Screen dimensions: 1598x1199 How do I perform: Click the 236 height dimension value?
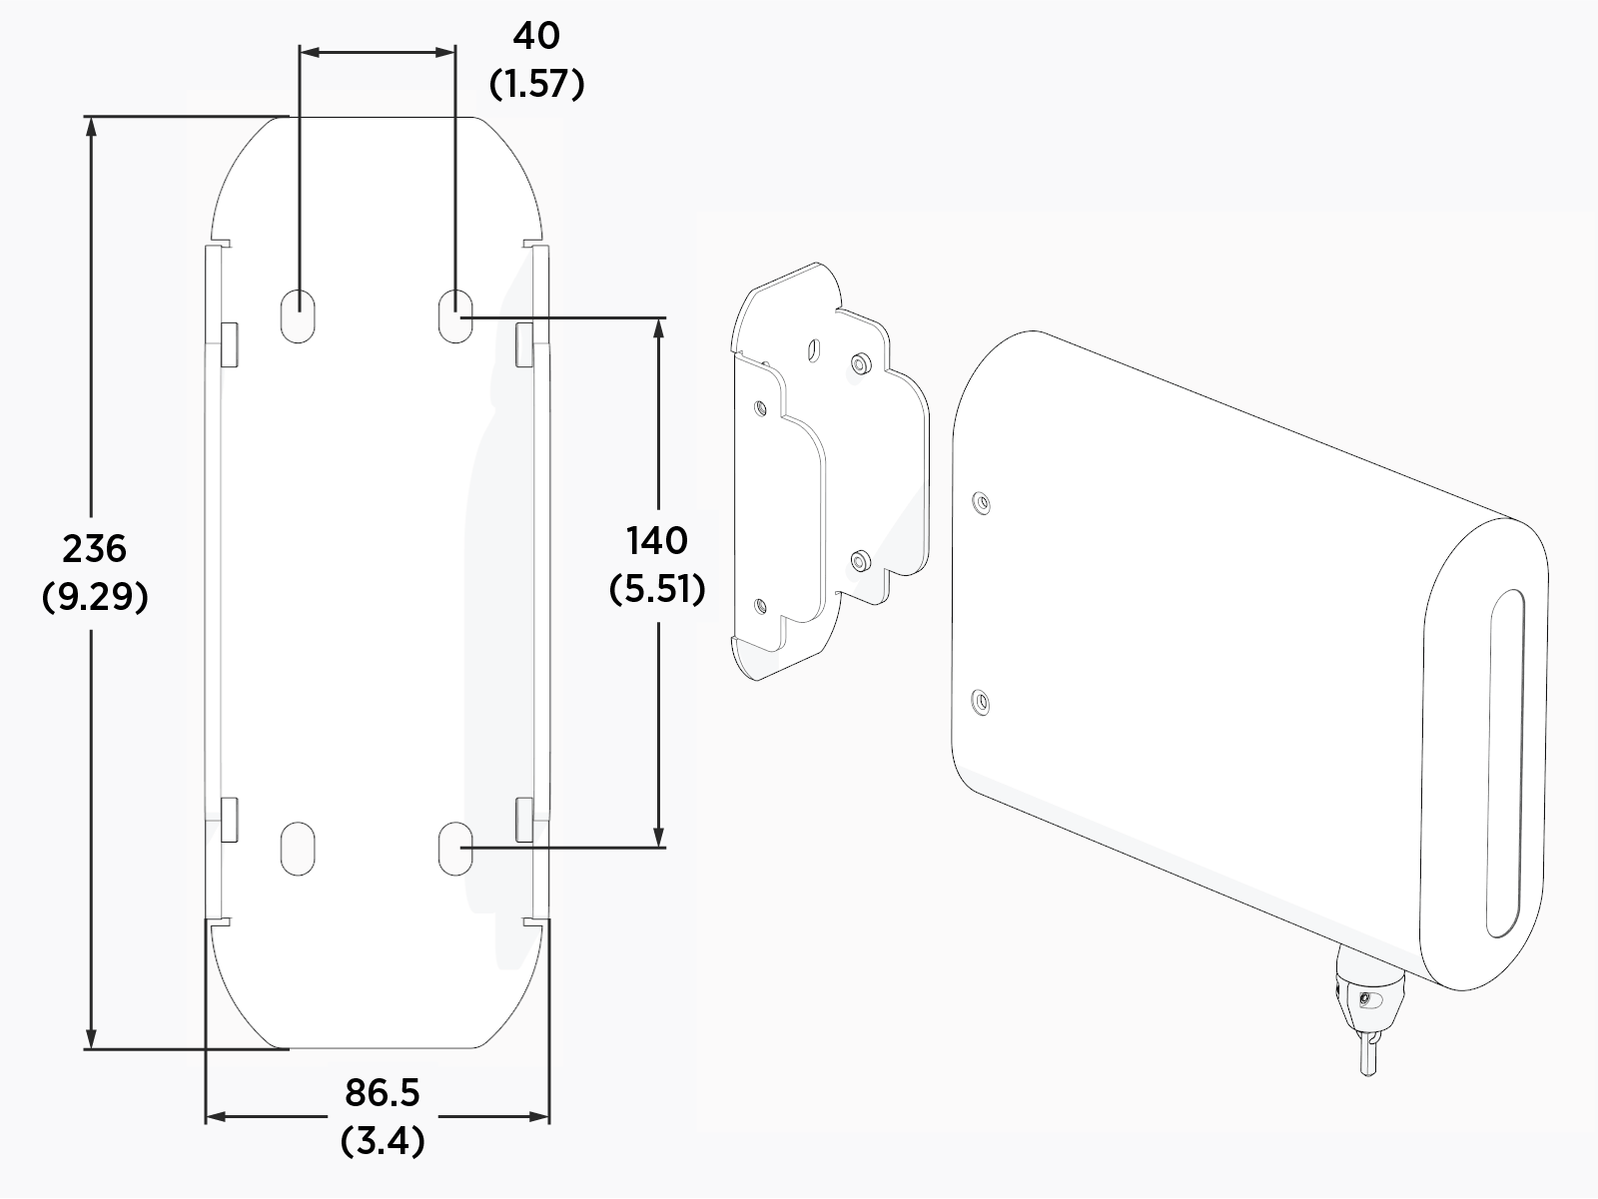click(95, 548)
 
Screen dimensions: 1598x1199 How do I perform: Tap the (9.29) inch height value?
click(95, 597)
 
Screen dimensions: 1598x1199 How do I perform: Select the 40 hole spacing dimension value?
click(536, 36)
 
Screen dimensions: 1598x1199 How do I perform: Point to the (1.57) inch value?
click(536, 84)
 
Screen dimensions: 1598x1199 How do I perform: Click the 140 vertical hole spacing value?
click(656, 540)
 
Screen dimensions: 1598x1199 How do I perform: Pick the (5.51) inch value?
click(656, 589)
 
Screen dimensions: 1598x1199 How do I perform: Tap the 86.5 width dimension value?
click(383, 1093)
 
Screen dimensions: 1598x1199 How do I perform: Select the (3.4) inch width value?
click(383, 1141)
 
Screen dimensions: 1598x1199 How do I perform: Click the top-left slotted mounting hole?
click(298, 315)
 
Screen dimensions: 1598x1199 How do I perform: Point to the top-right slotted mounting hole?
click(455, 315)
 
